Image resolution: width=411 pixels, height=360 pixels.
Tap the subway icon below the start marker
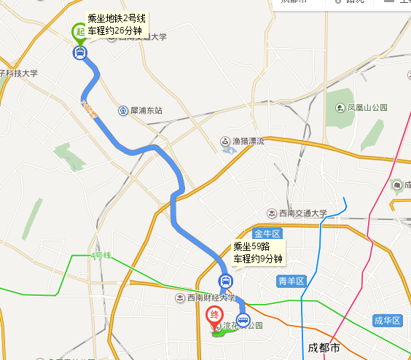click(79, 52)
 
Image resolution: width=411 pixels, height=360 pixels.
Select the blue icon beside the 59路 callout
click(226, 281)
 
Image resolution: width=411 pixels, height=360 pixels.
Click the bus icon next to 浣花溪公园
click(243, 319)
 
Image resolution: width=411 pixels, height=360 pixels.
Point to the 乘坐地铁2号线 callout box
click(117, 24)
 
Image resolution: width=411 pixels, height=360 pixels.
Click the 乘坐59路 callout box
click(257, 252)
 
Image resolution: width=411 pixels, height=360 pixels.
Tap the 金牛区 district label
click(267, 233)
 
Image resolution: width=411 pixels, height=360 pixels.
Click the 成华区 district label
click(387, 321)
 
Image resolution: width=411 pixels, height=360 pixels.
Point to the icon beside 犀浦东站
click(122, 111)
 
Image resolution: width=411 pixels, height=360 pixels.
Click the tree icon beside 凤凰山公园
click(340, 108)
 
